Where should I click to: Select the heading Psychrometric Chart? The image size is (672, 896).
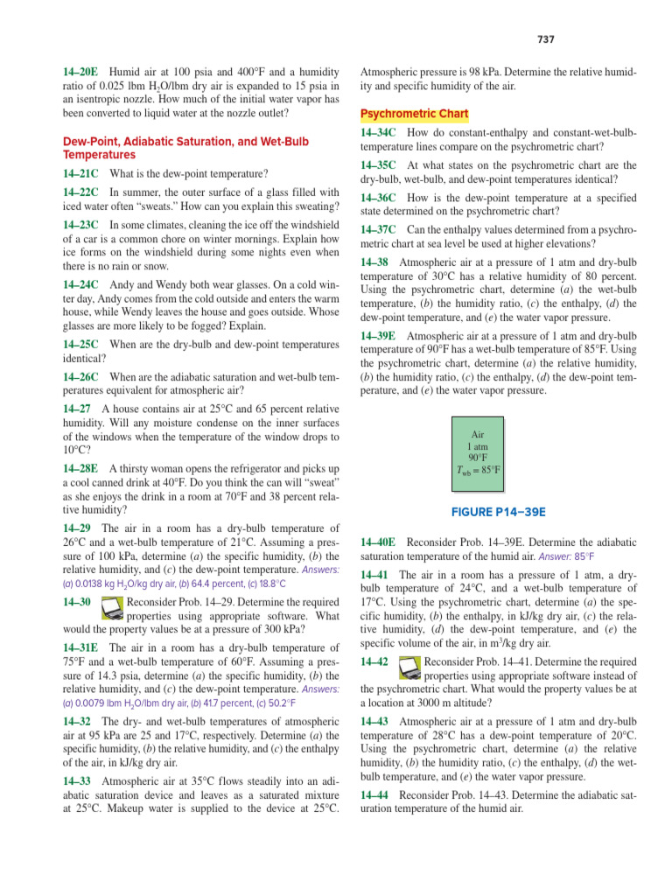[x=415, y=115]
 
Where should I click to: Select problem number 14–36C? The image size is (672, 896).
[x=378, y=197]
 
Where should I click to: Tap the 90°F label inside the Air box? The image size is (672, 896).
[x=478, y=457]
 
